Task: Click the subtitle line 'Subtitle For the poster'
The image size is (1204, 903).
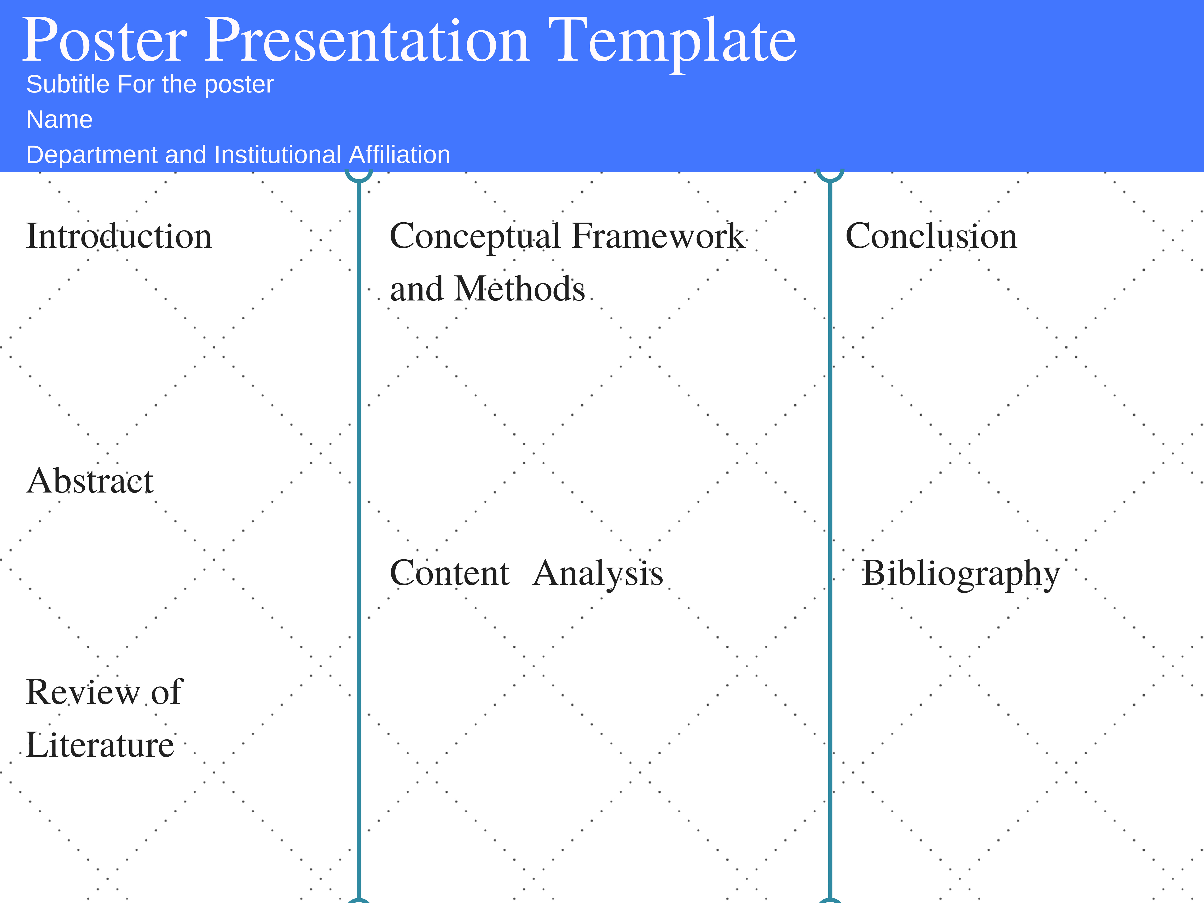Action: tap(150, 84)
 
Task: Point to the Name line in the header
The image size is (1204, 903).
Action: tap(59, 119)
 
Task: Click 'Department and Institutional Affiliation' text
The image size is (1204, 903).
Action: tap(238, 155)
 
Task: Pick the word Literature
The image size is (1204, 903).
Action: tap(100, 745)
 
